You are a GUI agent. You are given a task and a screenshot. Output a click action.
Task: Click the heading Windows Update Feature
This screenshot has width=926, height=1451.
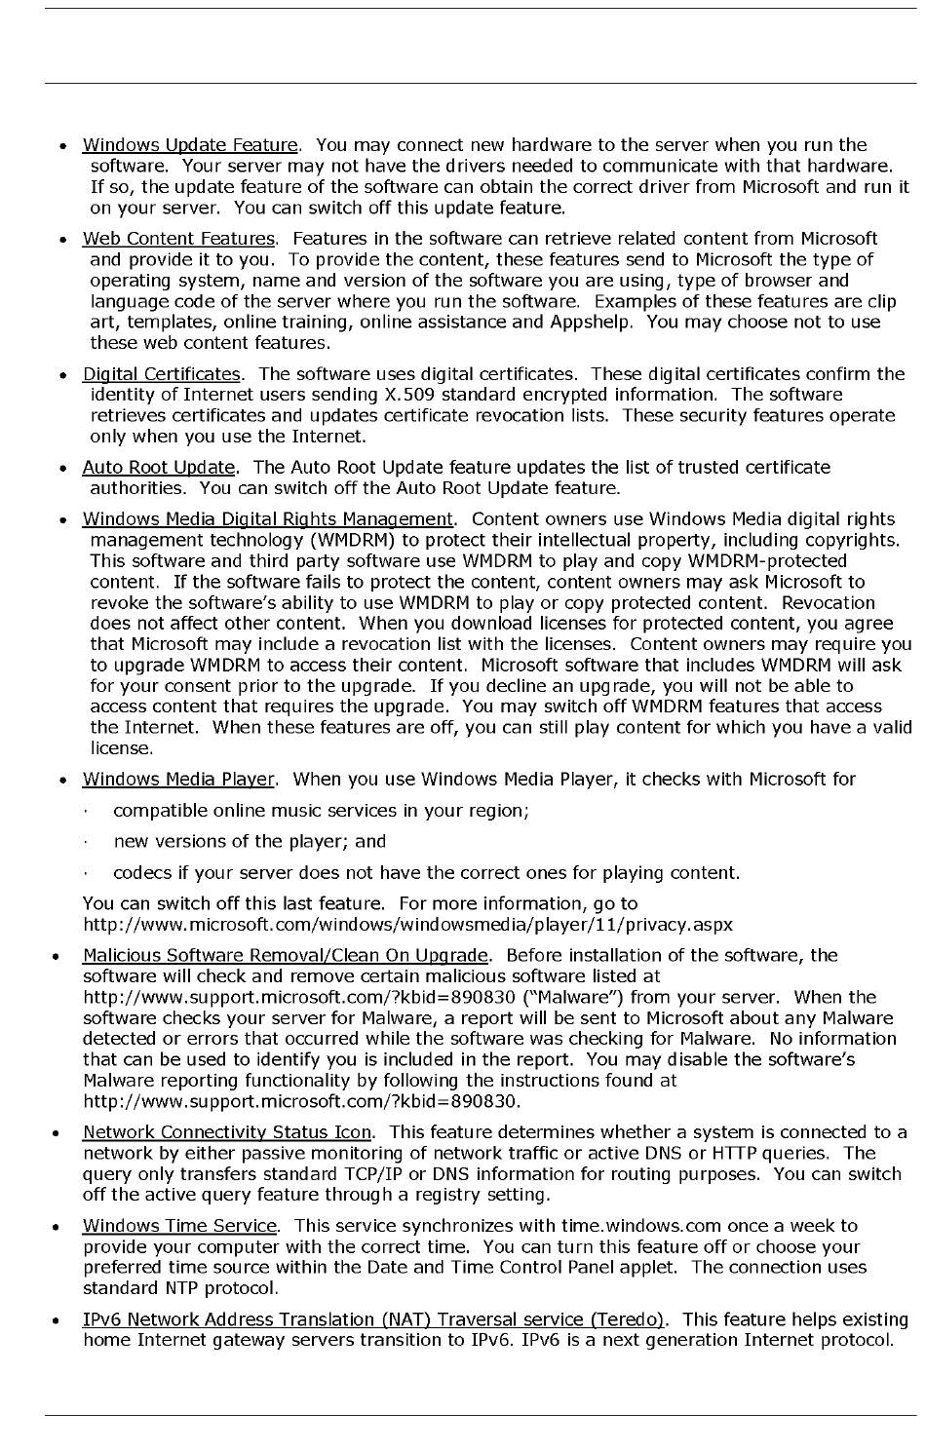pyautogui.click(x=190, y=145)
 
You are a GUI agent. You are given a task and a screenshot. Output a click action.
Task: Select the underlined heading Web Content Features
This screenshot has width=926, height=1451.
pyautogui.click(x=179, y=239)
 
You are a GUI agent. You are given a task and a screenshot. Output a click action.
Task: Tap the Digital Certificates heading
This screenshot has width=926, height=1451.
pyautogui.click(x=161, y=374)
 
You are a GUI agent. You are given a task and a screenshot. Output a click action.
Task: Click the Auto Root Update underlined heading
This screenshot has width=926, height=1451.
pyautogui.click(x=159, y=468)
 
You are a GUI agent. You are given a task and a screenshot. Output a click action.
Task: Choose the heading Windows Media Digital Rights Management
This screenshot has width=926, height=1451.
pyautogui.click(x=268, y=519)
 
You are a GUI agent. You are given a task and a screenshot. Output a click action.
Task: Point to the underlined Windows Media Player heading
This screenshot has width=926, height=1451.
pyautogui.click(x=179, y=780)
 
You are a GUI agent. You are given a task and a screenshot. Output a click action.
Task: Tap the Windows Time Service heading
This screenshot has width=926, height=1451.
pyautogui.click(x=179, y=1226)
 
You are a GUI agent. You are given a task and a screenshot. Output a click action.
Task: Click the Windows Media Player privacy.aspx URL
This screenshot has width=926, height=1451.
pyautogui.click(x=407, y=925)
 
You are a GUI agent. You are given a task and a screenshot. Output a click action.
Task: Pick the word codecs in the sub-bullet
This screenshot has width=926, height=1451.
pyautogui.click(x=141, y=873)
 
